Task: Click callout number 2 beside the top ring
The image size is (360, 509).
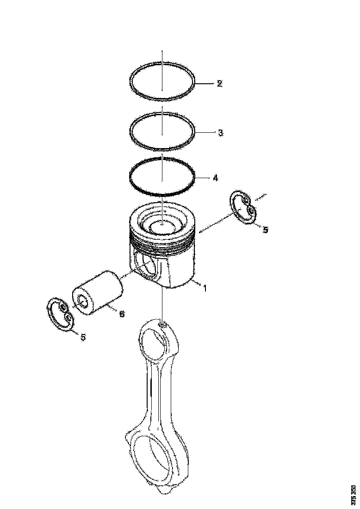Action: pyautogui.click(x=219, y=84)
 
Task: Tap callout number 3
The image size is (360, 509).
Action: pyautogui.click(x=220, y=133)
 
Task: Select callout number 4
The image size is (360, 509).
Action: pyautogui.click(x=215, y=178)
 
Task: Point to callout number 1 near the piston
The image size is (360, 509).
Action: pyautogui.click(x=204, y=288)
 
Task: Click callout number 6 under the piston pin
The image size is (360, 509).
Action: pyautogui.click(x=121, y=314)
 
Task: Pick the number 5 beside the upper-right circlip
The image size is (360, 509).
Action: pyautogui.click(x=265, y=230)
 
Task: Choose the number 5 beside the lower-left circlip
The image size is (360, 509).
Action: pyautogui.click(x=83, y=337)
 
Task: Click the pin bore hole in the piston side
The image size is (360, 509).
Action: pyautogui.click(x=147, y=267)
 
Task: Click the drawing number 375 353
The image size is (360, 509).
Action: pyautogui.click(x=354, y=494)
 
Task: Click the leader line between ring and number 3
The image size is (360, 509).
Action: pyautogui.click(x=205, y=133)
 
